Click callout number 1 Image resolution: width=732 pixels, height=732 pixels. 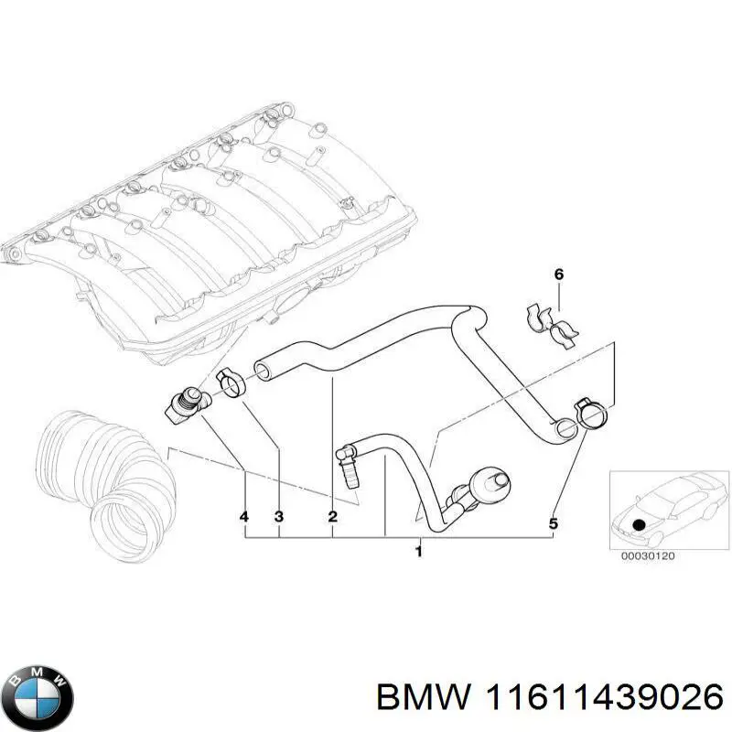[418, 552]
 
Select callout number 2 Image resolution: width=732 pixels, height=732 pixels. [333, 518]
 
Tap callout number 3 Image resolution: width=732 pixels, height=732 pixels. [279, 518]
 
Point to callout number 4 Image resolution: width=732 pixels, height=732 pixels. [244, 518]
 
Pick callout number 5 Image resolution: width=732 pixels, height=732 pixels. [553, 523]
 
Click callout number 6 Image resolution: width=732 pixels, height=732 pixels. [559, 274]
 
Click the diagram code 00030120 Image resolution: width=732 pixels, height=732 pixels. [647, 555]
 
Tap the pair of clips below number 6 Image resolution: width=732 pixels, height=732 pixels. [552, 326]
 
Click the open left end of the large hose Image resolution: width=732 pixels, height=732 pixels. [264, 370]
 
